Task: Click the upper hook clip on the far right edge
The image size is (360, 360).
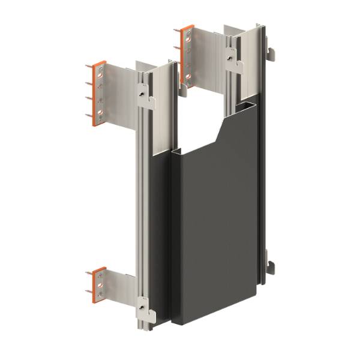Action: (x=272, y=55)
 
